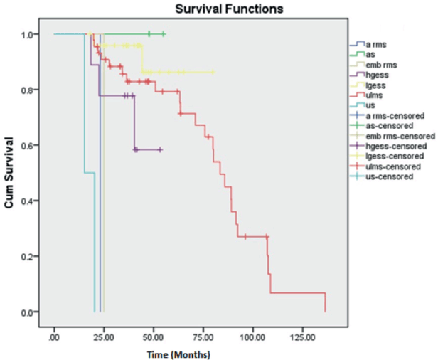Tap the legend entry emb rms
click(381, 64)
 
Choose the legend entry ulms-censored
click(392, 166)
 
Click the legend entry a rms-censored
click(395, 115)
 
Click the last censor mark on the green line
click(164, 33)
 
